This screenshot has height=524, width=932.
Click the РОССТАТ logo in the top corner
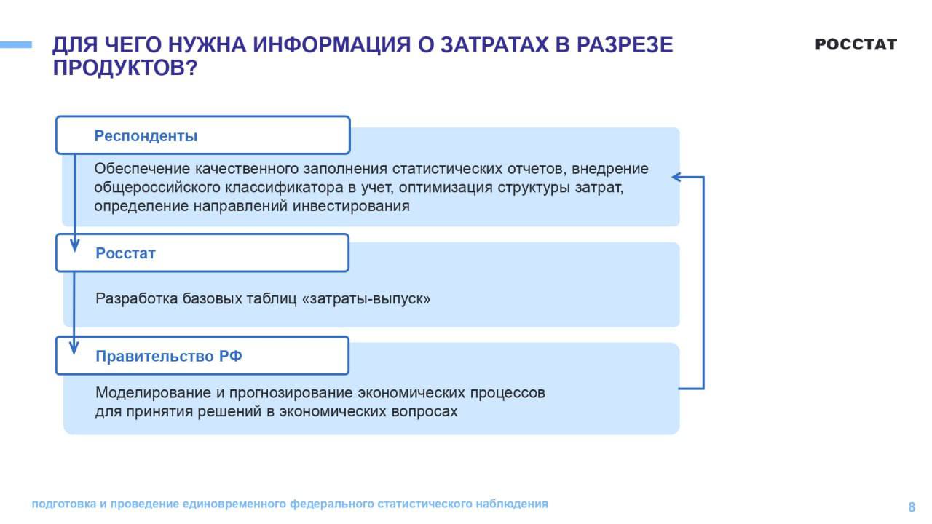click(856, 44)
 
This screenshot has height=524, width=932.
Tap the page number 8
click(912, 507)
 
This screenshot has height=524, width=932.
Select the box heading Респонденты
click(146, 136)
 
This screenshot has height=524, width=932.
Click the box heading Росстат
click(125, 254)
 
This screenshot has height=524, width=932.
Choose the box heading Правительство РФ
click(169, 357)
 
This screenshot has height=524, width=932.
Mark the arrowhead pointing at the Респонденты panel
click(676, 177)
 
